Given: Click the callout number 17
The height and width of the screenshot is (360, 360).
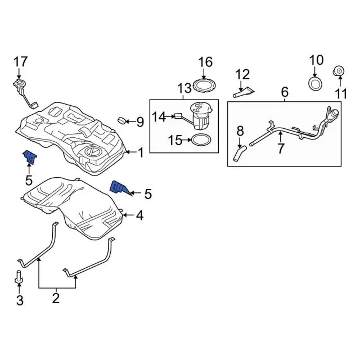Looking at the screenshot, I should point(20,61).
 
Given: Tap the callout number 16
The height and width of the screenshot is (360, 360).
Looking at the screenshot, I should point(205,61).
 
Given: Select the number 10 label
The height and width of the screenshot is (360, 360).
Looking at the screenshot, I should point(316,60).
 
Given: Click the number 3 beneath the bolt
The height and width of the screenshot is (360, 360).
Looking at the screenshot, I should point(20,301).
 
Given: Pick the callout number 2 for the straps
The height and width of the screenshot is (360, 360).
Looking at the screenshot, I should point(56,298).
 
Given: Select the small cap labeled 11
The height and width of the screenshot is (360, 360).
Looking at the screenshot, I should point(339,71).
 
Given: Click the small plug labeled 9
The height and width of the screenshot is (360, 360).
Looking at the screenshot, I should point(121,120).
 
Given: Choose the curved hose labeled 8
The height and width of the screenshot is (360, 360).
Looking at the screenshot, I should point(240,152).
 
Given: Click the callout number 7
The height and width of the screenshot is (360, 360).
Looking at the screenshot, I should point(281,149).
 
